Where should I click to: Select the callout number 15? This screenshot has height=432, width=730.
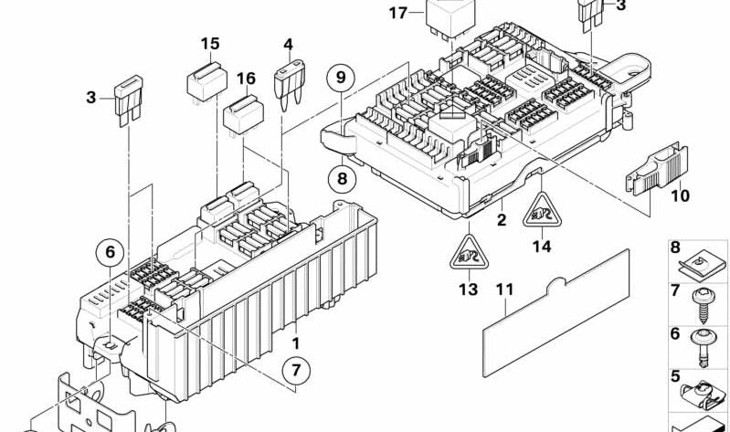210,44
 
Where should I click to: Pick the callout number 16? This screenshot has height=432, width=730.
246,79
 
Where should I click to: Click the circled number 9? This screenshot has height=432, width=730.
340,79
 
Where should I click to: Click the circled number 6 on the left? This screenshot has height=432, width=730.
111,252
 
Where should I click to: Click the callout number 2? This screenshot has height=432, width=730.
500,220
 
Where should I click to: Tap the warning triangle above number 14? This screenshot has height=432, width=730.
541,213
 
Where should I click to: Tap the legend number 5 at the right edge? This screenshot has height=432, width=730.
674,375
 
